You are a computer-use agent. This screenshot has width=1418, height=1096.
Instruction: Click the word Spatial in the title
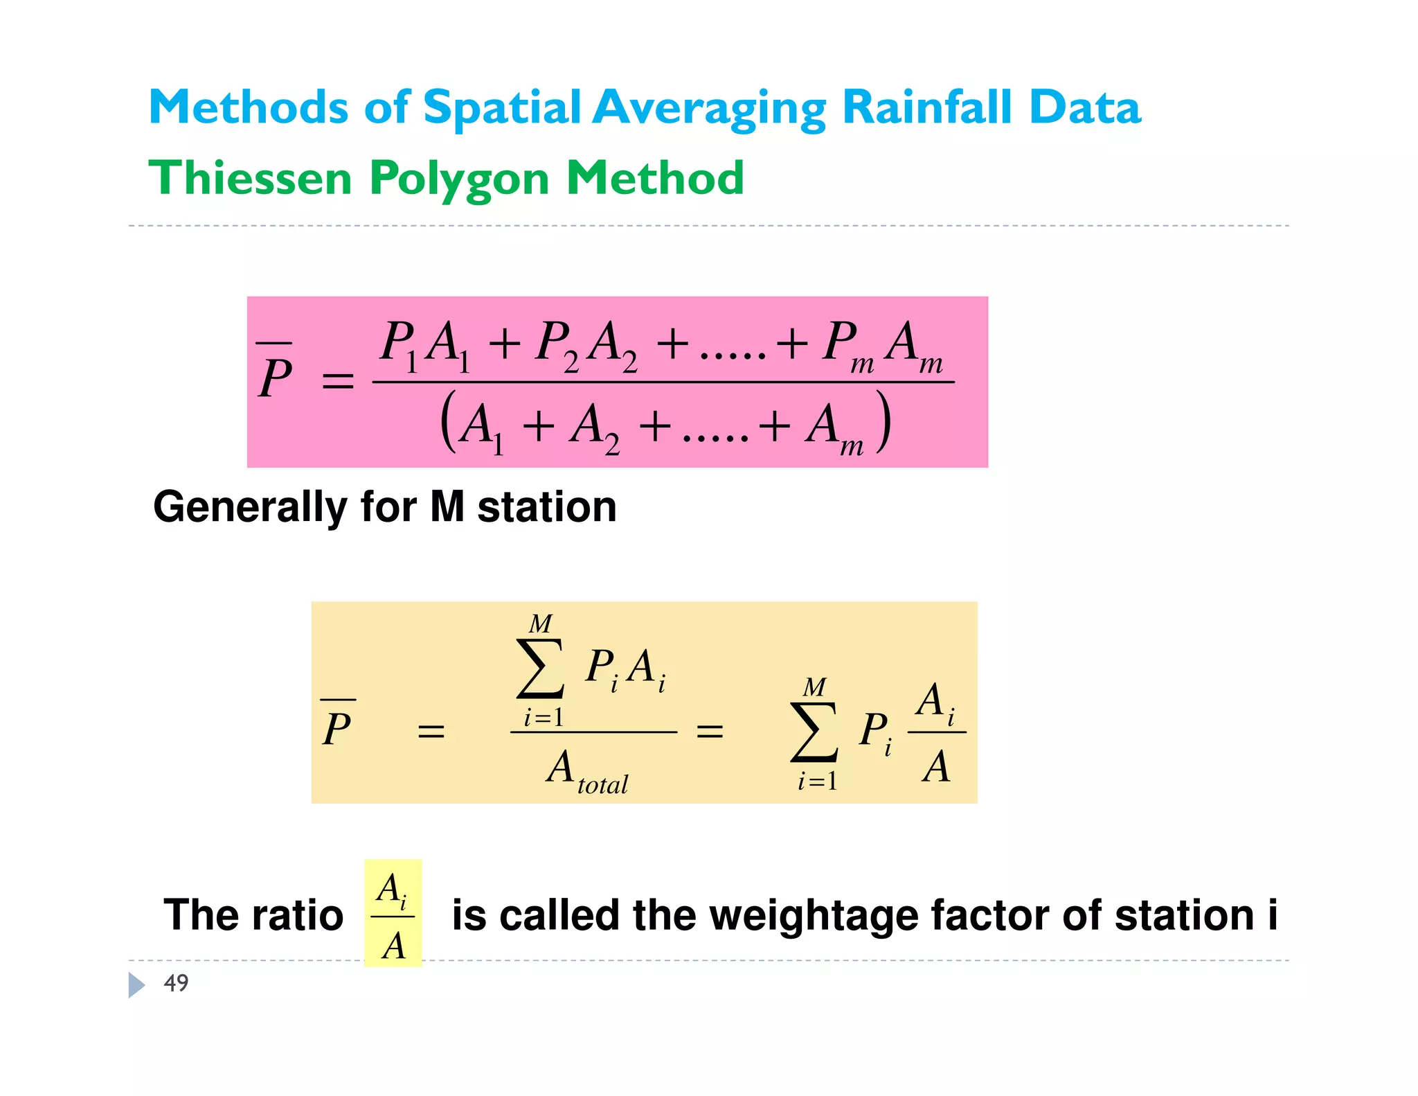coord(501,109)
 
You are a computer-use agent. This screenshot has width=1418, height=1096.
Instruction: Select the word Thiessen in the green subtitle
coord(250,178)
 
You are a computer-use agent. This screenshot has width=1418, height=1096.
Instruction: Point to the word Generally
coord(249,508)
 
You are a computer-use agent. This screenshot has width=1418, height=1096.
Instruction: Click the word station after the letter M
coord(546,507)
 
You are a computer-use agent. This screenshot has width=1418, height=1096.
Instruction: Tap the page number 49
coord(176,983)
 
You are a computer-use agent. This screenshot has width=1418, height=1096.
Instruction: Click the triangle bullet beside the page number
coord(136,984)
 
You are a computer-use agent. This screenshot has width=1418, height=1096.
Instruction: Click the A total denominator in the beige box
coord(586,770)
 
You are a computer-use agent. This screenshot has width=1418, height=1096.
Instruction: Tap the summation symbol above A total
coord(541,669)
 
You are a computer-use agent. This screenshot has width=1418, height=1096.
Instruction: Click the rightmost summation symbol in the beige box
coord(814,732)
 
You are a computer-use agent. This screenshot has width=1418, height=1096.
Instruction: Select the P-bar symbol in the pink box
coord(275,374)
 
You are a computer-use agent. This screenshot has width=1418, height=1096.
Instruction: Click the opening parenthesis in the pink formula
coord(449,422)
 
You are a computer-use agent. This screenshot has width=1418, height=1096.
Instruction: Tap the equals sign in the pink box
coord(338,382)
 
